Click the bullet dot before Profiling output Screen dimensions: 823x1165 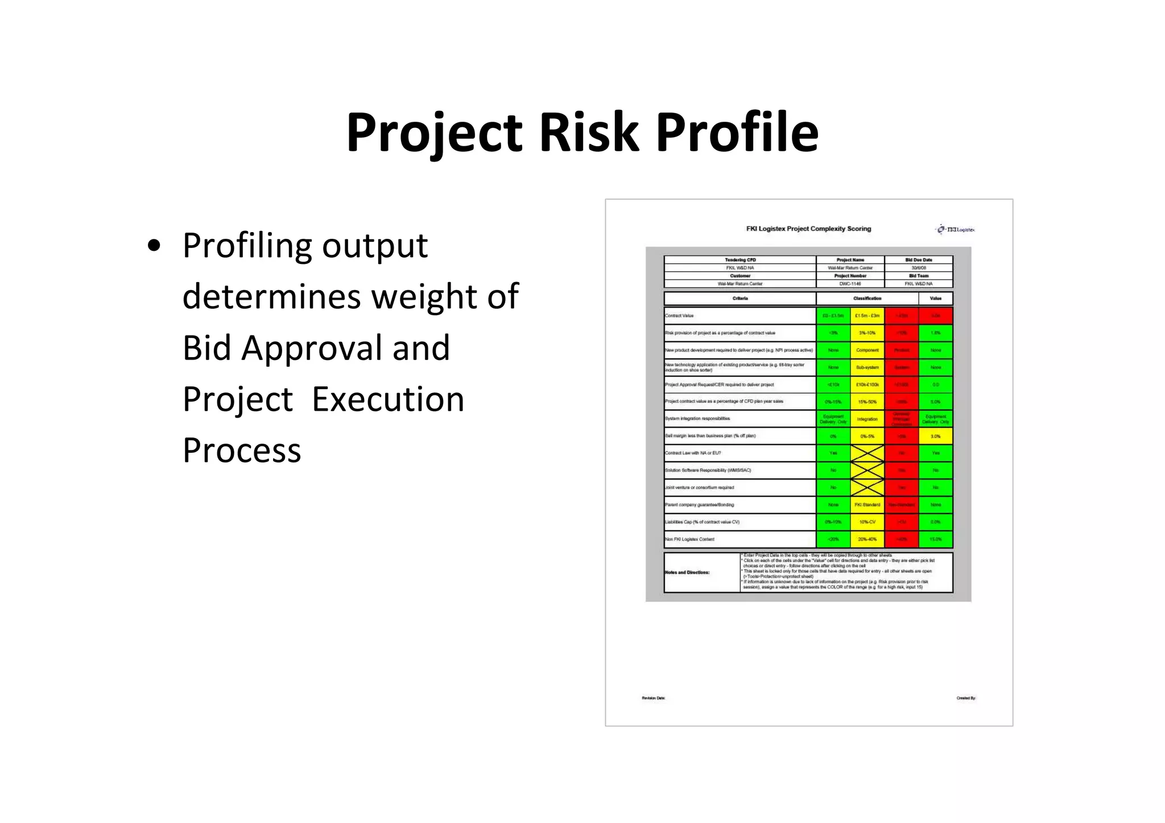(154, 246)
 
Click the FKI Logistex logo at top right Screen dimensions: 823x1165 (955, 230)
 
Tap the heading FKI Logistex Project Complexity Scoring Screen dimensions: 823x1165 (808, 229)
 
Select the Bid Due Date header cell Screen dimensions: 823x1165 (918, 260)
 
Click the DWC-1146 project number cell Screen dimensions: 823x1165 (850, 284)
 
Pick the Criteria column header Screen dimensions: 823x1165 (740, 298)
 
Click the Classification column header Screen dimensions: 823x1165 (867, 298)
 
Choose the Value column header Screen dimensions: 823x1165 (935, 298)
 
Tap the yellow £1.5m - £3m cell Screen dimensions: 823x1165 (867, 316)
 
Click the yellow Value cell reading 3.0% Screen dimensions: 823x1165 (935, 436)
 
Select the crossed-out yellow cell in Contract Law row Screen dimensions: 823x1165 (867, 453)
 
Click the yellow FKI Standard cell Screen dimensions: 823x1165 (867, 505)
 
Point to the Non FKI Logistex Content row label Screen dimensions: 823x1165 (689, 539)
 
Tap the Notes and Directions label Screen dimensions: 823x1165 (687, 572)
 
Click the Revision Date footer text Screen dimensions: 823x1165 (653, 698)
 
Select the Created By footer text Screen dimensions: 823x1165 (965, 698)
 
